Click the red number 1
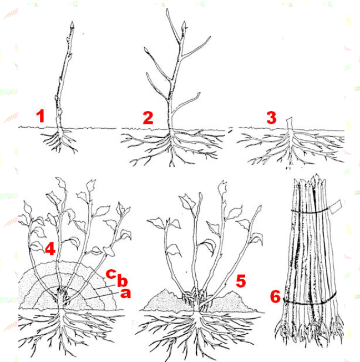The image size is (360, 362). pyautogui.click(x=40, y=116)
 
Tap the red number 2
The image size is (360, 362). pyautogui.click(x=148, y=117)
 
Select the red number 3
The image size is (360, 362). pyautogui.click(x=271, y=118)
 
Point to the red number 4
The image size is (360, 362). pyautogui.click(x=50, y=249)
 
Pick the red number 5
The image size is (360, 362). pyautogui.click(x=241, y=281)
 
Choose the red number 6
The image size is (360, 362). pyautogui.click(x=275, y=296)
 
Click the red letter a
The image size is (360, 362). pyautogui.click(x=125, y=294)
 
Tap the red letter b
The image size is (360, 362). pyautogui.click(x=122, y=281)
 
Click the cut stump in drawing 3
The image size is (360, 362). pyautogui.click(x=290, y=123)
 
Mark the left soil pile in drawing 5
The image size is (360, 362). pyautogui.click(x=166, y=300)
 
